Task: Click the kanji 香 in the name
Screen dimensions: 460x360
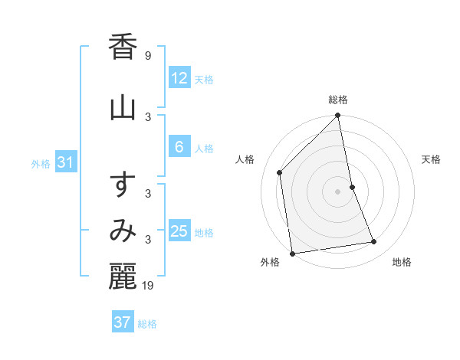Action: click(x=123, y=48)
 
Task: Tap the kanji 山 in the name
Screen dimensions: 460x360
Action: click(x=123, y=107)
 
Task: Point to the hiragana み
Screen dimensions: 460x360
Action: click(x=123, y=231)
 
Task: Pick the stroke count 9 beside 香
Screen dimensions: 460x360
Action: click(x=147, y=56)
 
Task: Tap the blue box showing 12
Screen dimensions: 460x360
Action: click(x=179, y=78)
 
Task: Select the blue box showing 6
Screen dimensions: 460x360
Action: click(x=179, y=147)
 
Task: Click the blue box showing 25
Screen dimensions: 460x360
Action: click(x=179, y=231)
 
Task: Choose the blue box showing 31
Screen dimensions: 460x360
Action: click(x=65, y=162)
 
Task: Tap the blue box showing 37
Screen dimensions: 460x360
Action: click(x=122, y=322)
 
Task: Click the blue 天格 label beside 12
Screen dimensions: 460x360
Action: click(x=204, y=79)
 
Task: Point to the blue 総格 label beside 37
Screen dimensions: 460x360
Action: click(x=147, y=323)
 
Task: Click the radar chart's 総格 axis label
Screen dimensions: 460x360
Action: click(x=338, y=100)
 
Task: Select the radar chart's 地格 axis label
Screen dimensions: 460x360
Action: click(x=402, y=263)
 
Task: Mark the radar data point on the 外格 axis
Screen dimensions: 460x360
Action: click(x=292, y=253)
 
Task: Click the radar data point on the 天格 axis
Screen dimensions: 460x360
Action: click(x=353, y=187)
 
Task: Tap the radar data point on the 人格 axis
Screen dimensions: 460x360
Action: click(x=280, y=172)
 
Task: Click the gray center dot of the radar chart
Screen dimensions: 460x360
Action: click(x=338, y=191)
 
